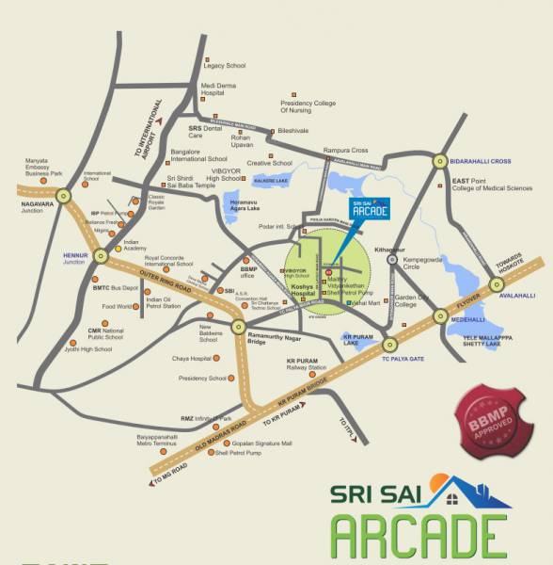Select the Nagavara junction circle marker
pos(63,196)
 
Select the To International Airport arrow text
pos(150,121)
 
